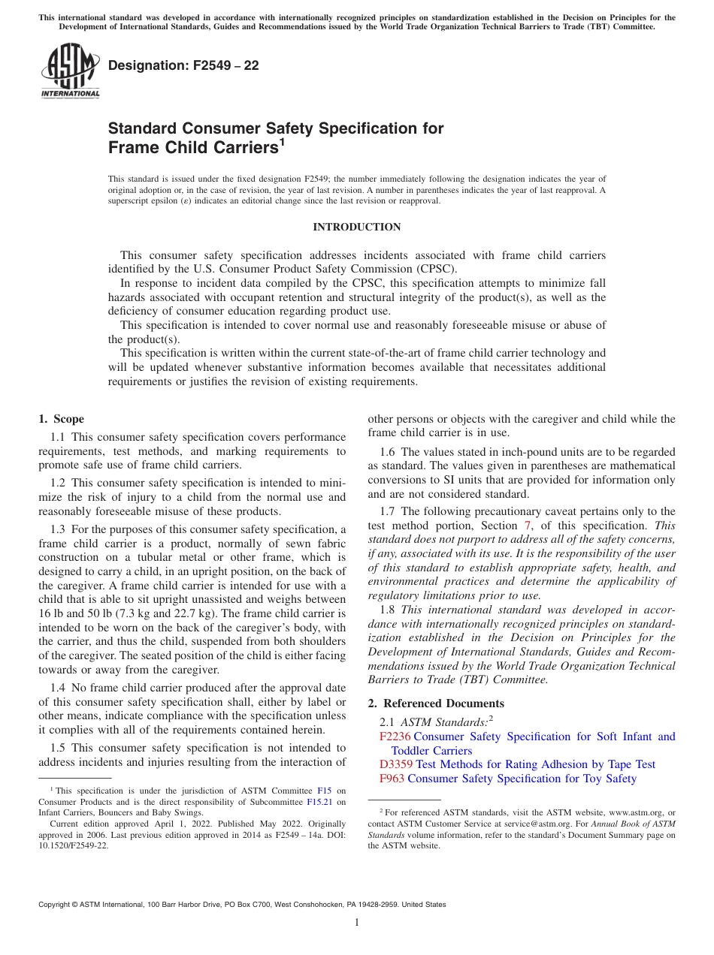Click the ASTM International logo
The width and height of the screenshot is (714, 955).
(70, 72)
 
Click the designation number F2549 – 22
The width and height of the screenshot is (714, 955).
(183, 65)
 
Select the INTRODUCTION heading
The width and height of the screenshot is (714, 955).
(356, 227)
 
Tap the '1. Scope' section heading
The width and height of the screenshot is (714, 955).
(61, 419)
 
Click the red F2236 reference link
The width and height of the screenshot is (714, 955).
(395, 737)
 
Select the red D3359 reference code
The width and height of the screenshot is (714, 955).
(396, 764)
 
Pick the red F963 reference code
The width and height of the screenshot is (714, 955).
(392, 779)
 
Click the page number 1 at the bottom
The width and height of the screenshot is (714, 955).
(357, 923)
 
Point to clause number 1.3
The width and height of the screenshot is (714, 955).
(58, 529)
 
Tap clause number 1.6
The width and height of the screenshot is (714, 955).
(387, 452)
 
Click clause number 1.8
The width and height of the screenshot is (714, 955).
(387, 610)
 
